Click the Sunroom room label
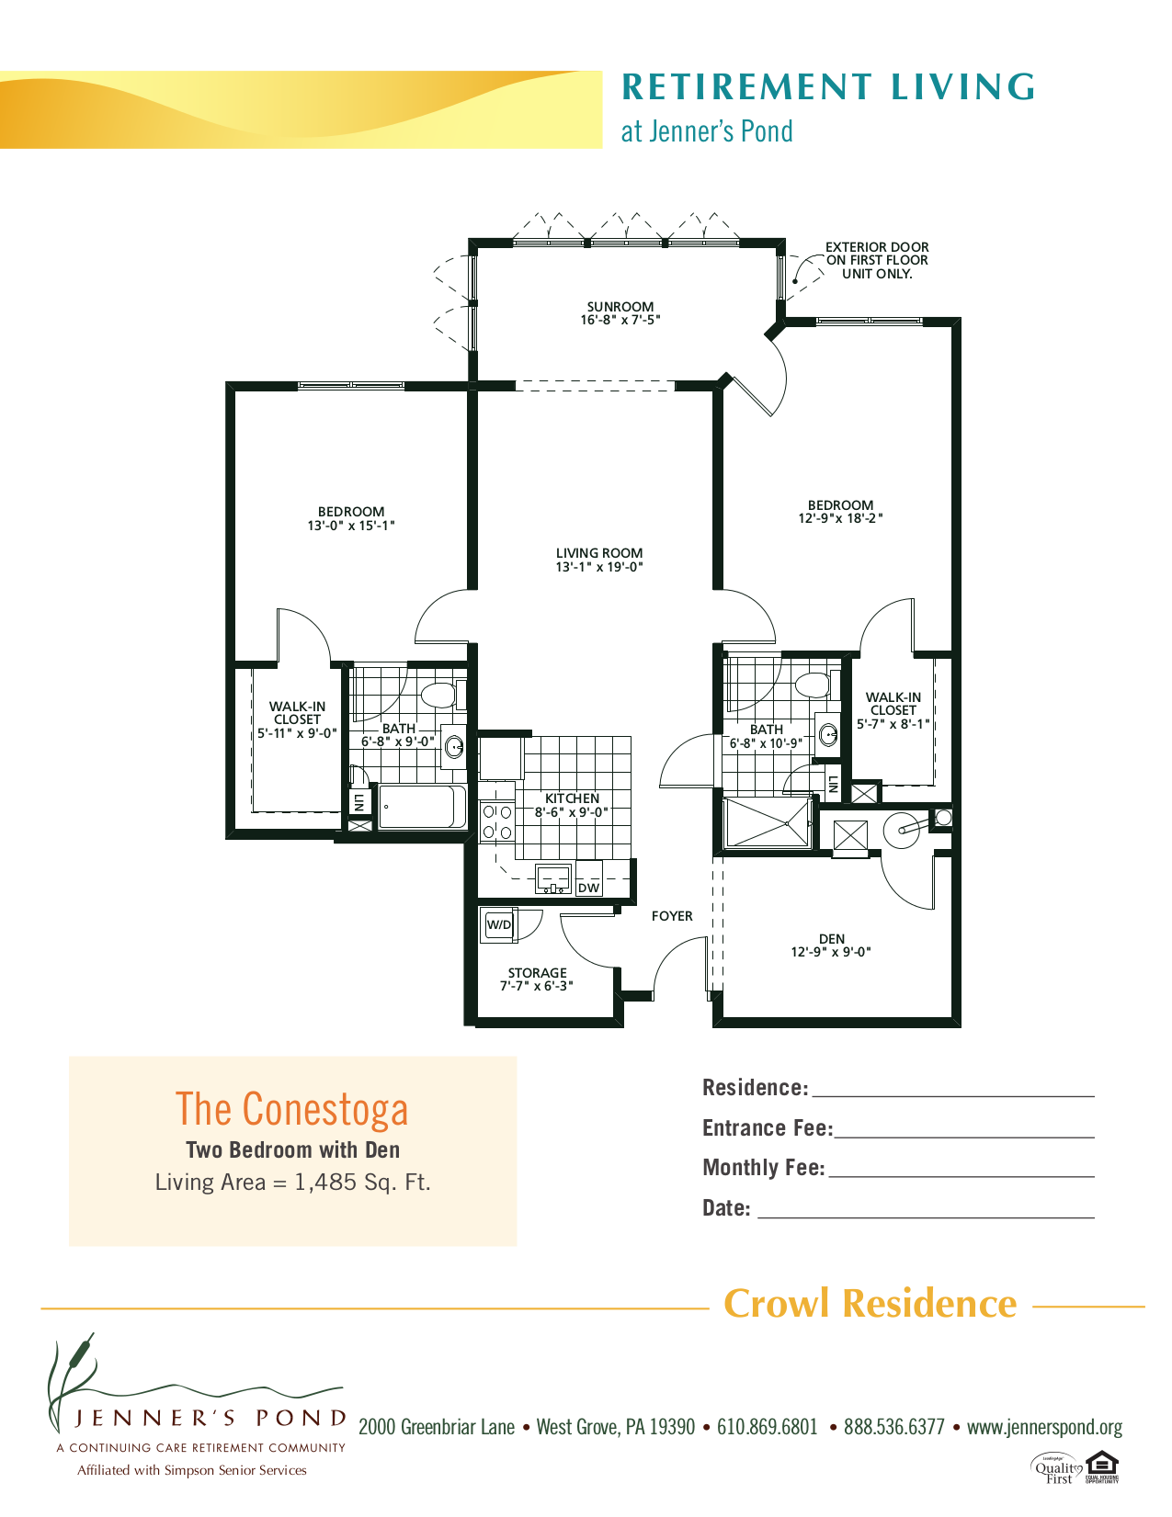tap(620, 307)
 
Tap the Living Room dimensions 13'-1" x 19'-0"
tap(598, 567)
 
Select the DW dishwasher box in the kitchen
tap(588, 888)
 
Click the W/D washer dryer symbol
tap(499, 925)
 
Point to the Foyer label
tap(672, 916)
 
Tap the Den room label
tap(831, 939)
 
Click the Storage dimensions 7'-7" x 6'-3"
tap(537, 986)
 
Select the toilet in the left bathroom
tap(439, 694)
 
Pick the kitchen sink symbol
tap(553, 879)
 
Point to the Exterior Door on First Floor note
tap(877, 260)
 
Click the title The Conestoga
tap(292, 1109)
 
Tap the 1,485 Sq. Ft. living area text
tap(362, 1183)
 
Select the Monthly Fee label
tap(763, 1168)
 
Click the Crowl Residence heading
tap(870, 1304)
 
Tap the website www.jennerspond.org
tap(1044, 1427)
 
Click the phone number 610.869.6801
tap(767, 1427)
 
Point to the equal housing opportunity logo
tap(1101, 1466)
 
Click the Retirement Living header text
tap(828, 87)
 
